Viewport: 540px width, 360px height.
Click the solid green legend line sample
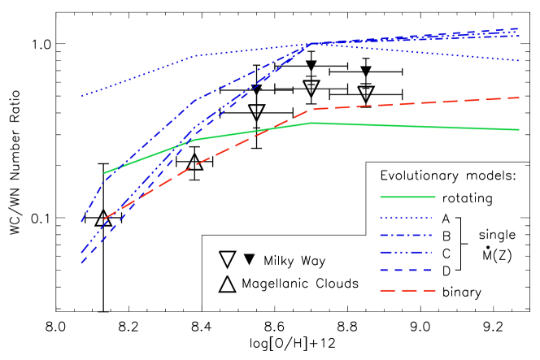[x=407, y=197]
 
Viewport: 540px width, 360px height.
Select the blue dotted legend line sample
[x=407, y=217]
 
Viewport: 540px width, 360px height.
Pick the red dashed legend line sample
[x=407, y=290]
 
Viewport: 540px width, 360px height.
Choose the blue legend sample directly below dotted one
[x=407, y=236]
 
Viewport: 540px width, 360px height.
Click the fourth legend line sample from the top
[x=407, y=253]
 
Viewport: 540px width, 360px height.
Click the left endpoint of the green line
[x=105, y=173]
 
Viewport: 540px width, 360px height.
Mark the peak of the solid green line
[x=312, y=123]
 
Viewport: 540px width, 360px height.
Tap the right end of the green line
[x=519, y=129]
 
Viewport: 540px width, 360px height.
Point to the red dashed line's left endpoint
[x=105, y=219]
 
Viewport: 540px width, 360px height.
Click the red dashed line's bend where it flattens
[x=312, y=109]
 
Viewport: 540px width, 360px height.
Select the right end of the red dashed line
[x=519, y=98]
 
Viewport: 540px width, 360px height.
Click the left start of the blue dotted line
[x=81, y=96]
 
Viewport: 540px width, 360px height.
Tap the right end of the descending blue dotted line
[x=519, y=60]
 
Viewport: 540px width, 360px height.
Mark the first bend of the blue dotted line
[x=195, y=56]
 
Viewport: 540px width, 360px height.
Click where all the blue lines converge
[x=312, y=43]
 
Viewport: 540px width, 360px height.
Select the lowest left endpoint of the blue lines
[x=81, y=263]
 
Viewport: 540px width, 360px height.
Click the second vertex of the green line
[x=195, y=139]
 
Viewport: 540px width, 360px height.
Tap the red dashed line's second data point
[x=195, y=164]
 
